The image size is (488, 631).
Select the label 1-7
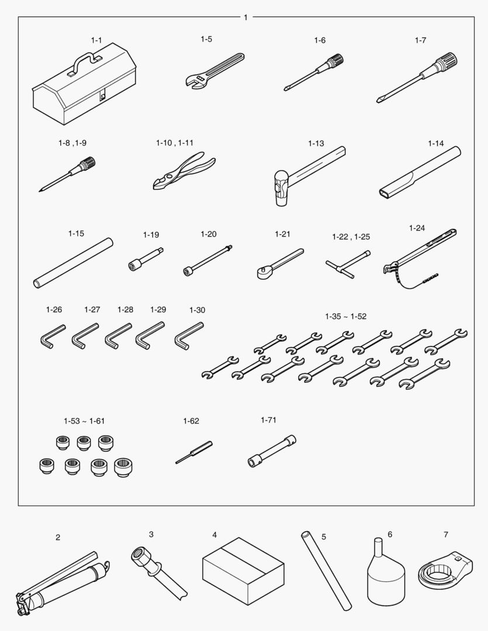click(420, 40)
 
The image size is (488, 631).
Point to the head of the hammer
click(281, 187)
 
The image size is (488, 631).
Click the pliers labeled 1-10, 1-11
click(184, 171)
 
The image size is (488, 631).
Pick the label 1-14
click(435, 143)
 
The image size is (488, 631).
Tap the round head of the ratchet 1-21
click(264, 273)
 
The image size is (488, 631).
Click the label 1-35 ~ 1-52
click(346, 316)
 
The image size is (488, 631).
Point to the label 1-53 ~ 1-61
click(84, 421)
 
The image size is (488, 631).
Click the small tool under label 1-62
click(193, 453)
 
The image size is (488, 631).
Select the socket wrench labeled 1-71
click(272, 452)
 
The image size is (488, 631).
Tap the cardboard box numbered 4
click(243, 571)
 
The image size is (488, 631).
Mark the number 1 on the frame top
click(245, 18)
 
